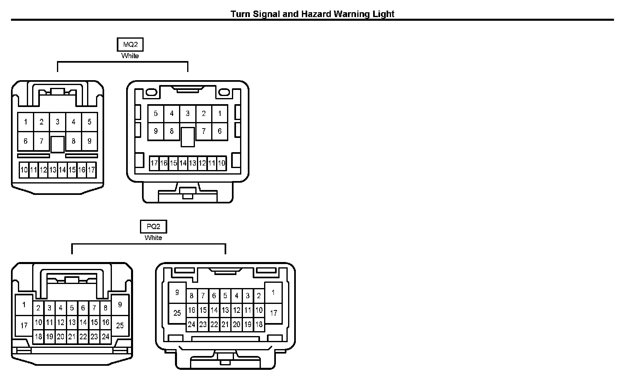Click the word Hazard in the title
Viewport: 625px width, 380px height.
pyautogui.click(x=316, y=14)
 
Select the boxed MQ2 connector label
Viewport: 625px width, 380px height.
pyautogui.click(x=130, y=45)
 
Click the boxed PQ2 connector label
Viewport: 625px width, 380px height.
pyautogui.click(x=153, y=227)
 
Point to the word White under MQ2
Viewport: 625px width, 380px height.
pyautogui.click(x=130, y=56)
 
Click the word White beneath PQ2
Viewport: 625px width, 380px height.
pyautogui.click(x=153, y=238)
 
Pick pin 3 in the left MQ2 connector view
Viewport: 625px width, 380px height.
pyautogui.click(x=57, y=122)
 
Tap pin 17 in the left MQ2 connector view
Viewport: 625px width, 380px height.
pyautogui.click(x=91, y=170)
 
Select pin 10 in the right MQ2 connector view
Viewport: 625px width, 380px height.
pyautogui.click(x=221, y=164)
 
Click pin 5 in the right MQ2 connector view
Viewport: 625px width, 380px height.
pyautogui.click(x=155, y=114)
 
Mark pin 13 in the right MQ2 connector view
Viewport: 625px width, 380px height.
pyautogui.click(x=192, y=164)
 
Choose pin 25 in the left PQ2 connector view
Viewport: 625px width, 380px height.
pyautogui.click(x=120, y=325)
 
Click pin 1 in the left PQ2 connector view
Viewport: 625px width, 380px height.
pyautogui.click(x=24, y=304)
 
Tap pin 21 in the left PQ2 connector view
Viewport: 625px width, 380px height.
pyautogui.click(x=72, y=336)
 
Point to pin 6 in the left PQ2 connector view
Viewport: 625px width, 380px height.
pyautogui.click(x=83, y=308)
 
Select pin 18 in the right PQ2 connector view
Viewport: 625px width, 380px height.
pyautogui.click(x=259, y=325)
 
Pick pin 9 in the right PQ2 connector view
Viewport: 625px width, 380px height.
pyautogui.click(x=177, y=293)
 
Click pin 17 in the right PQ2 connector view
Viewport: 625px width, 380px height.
pyautogui.click(x=273, y=313)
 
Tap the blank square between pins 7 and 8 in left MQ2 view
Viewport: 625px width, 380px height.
pyautogui.click(x=57, y=144)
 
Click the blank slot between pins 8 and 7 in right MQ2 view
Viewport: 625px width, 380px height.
pyautogui.click(x=188, y=137)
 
